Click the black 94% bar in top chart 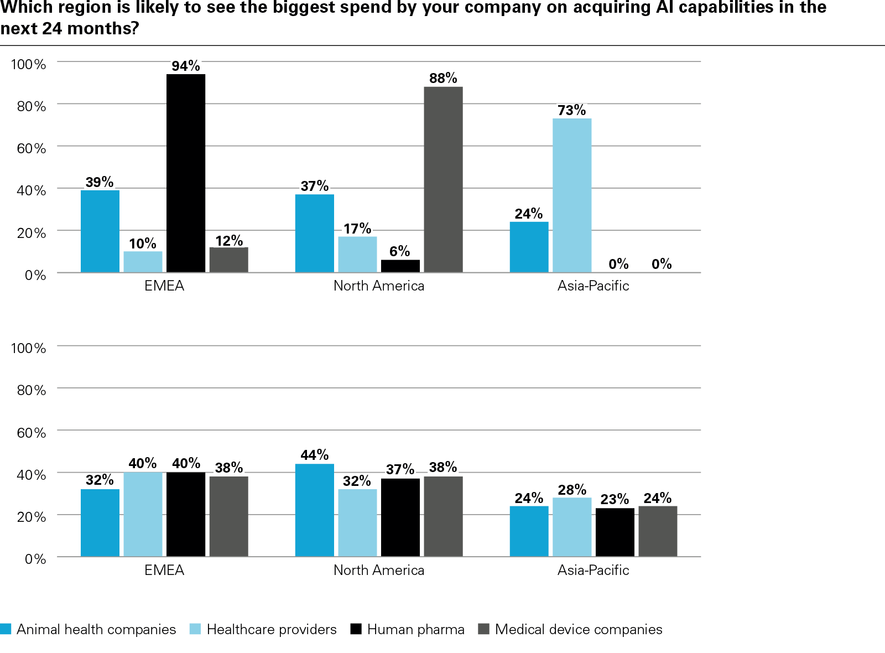pos(186,173)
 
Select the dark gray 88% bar pos(443,179)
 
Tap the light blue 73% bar pos(572,195)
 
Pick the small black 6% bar pos(400,266)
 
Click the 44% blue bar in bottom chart pos(314,510)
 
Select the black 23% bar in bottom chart pos(615,532)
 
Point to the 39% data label pos(100,182)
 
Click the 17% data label pos(357,229)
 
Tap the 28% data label pos(572,490)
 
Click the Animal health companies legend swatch pos(6,629)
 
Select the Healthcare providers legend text pos(271,629)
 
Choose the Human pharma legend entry pos(415,629)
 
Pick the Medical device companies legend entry pos(578,629)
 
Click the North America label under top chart pos(379,286)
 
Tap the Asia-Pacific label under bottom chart pos(593,570)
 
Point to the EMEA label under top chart pos(164,286)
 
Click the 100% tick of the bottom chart pos(28,348)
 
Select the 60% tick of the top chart pos(32,148)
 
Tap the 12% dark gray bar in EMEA pos(228,260)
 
